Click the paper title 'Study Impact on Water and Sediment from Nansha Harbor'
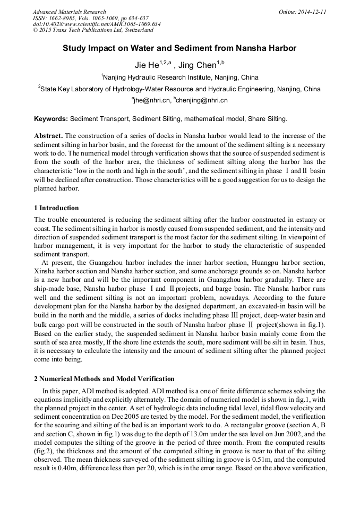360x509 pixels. (179, 48)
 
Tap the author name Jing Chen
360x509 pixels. (196, 66)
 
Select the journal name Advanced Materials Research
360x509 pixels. (69, 12)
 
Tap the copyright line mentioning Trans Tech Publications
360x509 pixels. (93, 30)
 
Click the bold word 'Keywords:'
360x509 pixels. (51, 118)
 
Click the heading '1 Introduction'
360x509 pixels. (56, 208)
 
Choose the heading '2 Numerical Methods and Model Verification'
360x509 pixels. (104, 378)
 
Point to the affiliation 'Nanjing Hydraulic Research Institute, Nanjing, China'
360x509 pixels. (180, 77)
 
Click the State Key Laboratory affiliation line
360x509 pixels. (180, 89)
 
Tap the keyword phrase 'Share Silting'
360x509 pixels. (268, 118)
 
